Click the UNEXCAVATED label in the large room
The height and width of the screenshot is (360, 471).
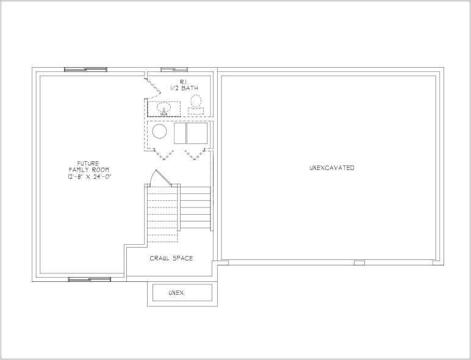coord(332,168)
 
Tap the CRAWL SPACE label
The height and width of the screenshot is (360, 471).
coord(171,258)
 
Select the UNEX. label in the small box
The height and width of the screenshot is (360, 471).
coord(177,293)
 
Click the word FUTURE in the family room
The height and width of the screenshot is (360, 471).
coord(88,164)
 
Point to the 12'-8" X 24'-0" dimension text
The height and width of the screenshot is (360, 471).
coord(90,177)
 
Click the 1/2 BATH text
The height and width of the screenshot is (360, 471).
coord(184,88)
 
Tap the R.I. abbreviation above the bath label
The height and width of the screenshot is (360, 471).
coord(184,82)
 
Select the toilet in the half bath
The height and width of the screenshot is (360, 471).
coord(196,104)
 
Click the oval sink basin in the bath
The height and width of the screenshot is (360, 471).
coord(164,107)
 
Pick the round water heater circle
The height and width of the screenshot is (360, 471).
coord(159,131)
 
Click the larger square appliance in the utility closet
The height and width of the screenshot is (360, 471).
coord(197,133)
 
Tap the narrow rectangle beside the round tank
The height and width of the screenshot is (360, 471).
coord(180,133)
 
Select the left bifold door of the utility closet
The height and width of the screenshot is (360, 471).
coord(164,154)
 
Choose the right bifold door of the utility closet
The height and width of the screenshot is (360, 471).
coord(195,154)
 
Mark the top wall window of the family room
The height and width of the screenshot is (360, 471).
coord(85,70)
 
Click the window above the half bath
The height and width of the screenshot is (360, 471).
coord(174,70)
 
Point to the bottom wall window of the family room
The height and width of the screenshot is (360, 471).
coord(90,279)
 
